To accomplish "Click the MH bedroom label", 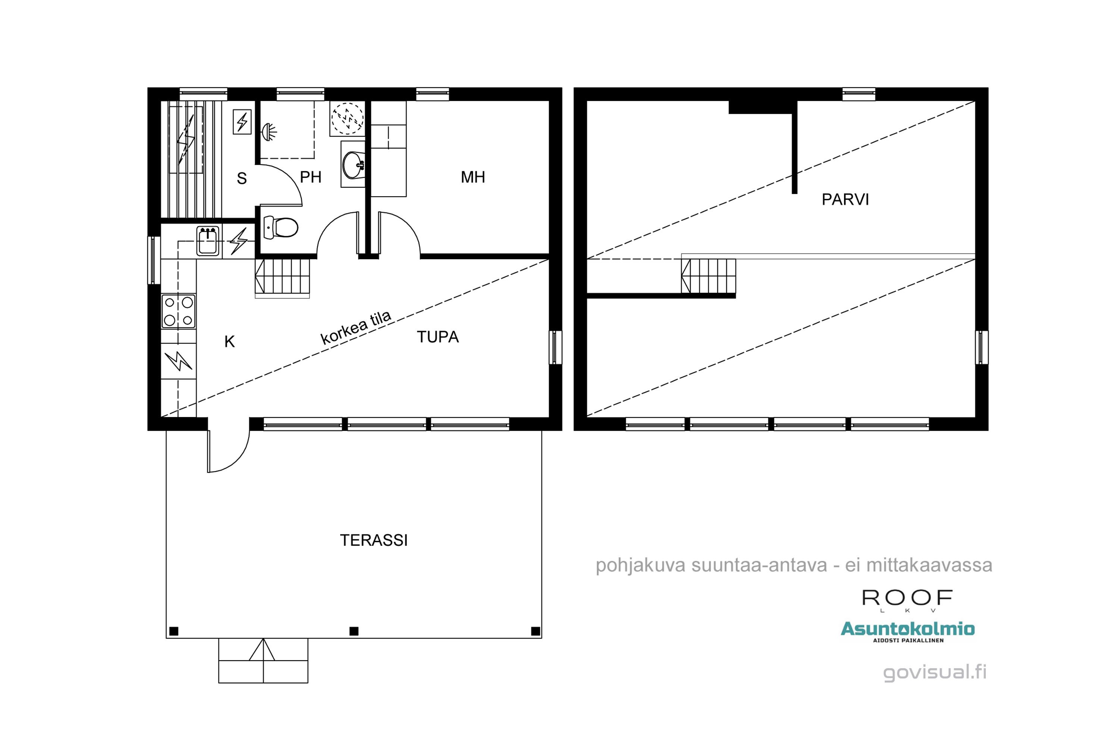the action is pyautogui.click(x=473, y=177).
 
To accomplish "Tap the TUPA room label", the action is pyautogui.click(x=438, y=337).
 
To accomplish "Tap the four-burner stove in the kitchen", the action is pyautogui.click(x=178, y=311).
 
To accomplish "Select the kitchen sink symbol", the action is pyautogui.click(x=208, y=241).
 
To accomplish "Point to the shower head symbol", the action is pyautogui.click(x=269, y=132).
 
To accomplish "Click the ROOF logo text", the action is pyautogui.click(x=907, y=598).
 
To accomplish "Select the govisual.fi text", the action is pyautogui.click(x=934, y=672).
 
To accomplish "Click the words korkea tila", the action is pyautogui.click(x=356, y=328).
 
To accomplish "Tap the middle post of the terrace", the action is pyautogui.click(x=354, y=631).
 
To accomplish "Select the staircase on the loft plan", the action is pyautogui.click(x=708, y=276).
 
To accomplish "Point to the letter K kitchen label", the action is pyautogui.click(x=229, y=342).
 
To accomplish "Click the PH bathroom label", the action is pyautogui.click(x=311, y=177).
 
